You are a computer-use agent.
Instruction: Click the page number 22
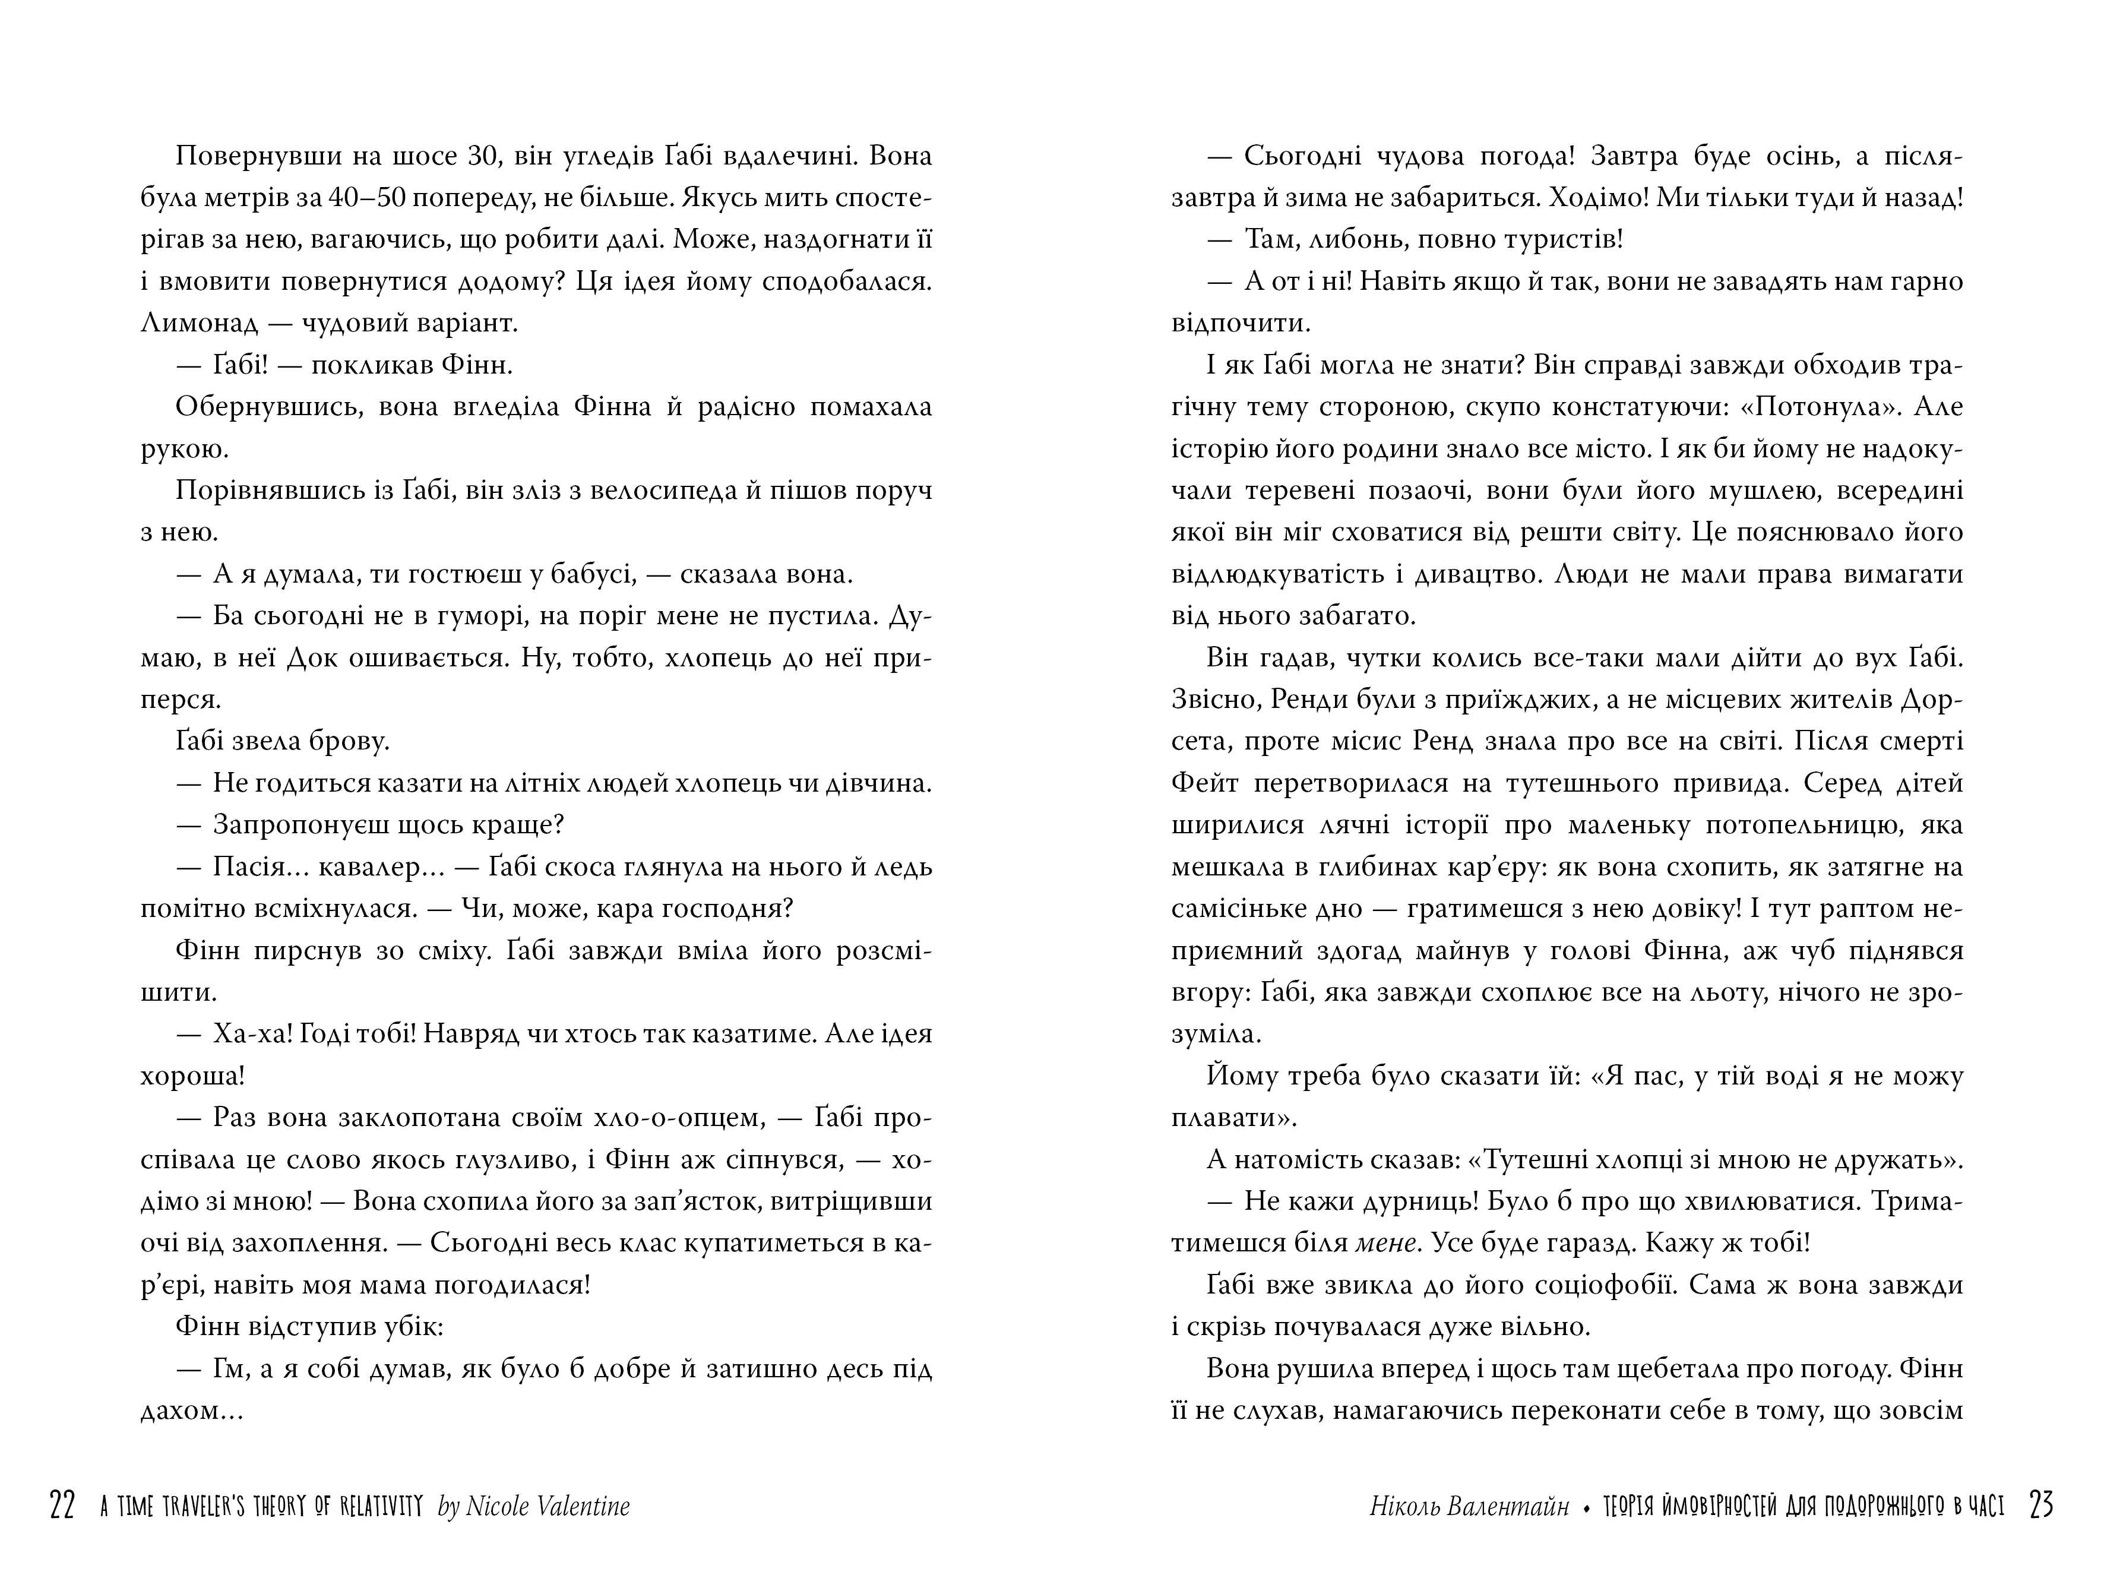62,1506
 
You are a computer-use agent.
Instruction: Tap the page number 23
2040,1506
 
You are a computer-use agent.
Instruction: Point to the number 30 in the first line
485,156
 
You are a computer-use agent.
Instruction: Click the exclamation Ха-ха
251,1034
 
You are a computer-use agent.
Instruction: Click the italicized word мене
1387,1243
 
